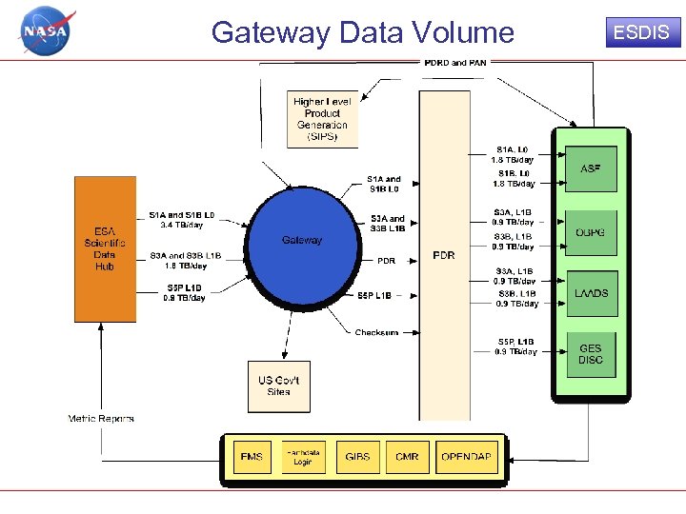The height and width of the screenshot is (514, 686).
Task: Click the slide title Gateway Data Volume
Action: pyautogui.click(x=362, y=32)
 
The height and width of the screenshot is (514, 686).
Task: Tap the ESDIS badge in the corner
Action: pyautogui.click(x=640, y=32)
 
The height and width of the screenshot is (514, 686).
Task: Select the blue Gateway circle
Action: pyautogui.click(x=301, y=240)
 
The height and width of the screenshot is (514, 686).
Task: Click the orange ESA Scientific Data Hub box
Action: pyautogui.click(x=105, y=247)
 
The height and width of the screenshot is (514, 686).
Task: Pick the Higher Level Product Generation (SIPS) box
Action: pyautogui.click(x=321, y=119)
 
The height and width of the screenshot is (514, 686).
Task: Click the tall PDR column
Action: pyautogui.click(x=443, y=255)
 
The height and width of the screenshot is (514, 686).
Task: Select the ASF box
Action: pyautogui.click(x=591, y=168)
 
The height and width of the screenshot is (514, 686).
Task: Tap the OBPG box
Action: pyautogui.click(x=591, y=232)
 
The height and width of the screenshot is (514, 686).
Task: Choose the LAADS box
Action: pyautogui.click(x=591, y=293)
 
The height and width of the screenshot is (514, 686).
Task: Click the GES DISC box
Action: pyautogui.click(x=591, y=354)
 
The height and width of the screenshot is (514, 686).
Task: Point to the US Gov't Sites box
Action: pyautogui.click(x=279, y=385)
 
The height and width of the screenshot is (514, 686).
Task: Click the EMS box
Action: pyautogui.click(x=252, y=457)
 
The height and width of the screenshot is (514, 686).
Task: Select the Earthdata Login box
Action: pyautogui.click(x=302, y=457)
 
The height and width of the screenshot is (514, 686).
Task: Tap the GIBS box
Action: pyautogui.click(x=358, y=457)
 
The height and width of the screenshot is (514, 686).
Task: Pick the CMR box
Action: pyautogui.click(x=407, y=457)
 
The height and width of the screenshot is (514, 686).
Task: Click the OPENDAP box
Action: pyautogui.click(x=466, y=457)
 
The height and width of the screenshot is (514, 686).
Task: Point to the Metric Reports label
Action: pyautogui.click(x=101, y=418)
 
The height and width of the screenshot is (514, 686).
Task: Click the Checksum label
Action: pyautogui.click(x=376, y=332)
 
